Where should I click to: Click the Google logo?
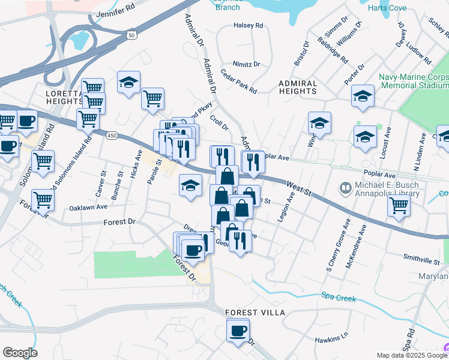pos(20,353)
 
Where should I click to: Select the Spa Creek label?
pos(339,298)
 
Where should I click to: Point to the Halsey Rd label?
pos(249,26)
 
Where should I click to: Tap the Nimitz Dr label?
pos(247,64)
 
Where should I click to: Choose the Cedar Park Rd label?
pos(239,82)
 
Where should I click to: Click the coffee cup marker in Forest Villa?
pos(238,331)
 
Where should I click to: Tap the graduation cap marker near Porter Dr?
pos(363,96)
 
